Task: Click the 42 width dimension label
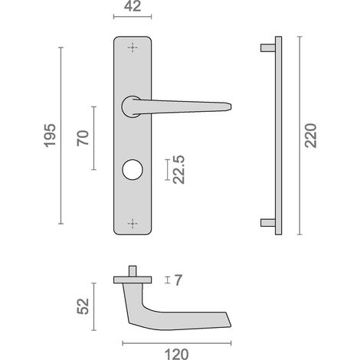tap(133, 6)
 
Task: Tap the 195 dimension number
tap(50, 136)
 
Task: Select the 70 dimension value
tap(83, 138)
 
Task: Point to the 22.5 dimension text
tap(178, 169)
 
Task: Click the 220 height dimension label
tap(310, 136)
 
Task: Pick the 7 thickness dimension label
tap(178, 280)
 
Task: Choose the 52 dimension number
tap(83, 306)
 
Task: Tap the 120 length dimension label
tap(177, 355)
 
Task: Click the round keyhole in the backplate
tap(133, 170)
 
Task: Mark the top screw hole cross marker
tap(133, 47)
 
